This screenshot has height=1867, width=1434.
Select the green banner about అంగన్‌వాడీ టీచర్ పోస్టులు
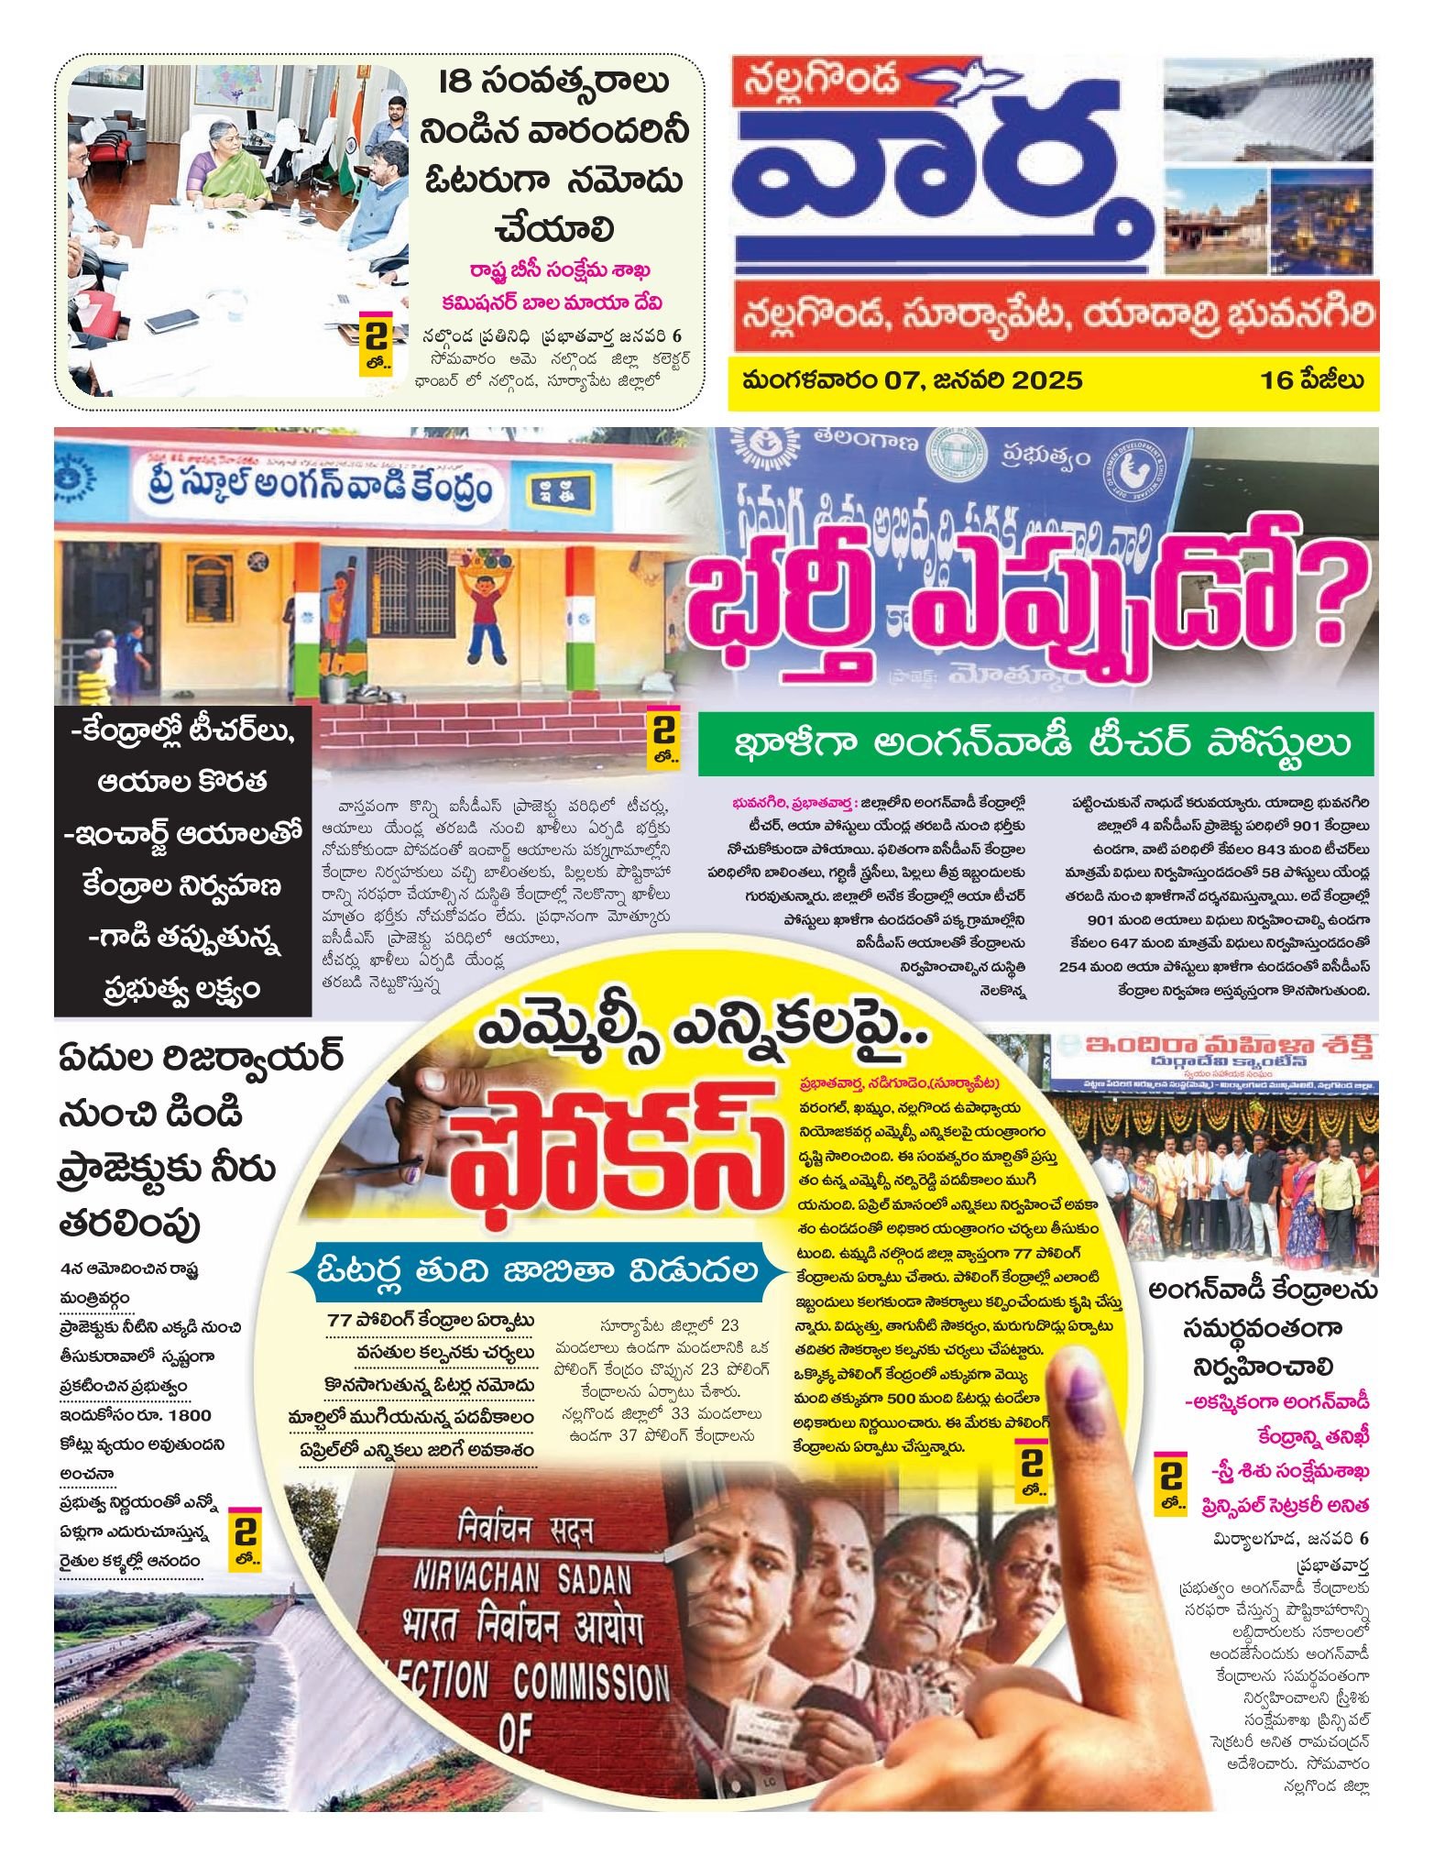coord(1035,744)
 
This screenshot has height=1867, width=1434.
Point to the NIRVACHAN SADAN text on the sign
coord(522,1576)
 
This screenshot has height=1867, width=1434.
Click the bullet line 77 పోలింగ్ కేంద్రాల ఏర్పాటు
coord(431,1321)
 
